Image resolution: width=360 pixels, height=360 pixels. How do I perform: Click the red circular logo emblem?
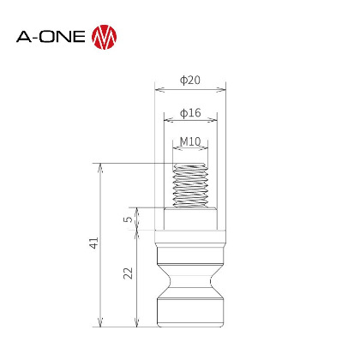click(x=105, y=37)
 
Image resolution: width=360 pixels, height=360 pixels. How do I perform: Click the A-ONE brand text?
click(x=51, y=37)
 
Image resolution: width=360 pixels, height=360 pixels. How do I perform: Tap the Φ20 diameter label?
click(x=190, y=80)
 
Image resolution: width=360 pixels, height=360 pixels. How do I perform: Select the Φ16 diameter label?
click(x=190, y=113)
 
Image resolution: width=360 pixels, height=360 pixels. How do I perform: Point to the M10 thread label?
click(x=190, y=141)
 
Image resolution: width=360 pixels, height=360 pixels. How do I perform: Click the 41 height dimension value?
click(x=94, y=243)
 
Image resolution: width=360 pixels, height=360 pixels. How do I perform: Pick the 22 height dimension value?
click(x=129, y=273)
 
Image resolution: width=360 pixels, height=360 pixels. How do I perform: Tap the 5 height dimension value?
click(x=129, y=219)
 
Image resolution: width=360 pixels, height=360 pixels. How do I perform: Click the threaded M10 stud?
click(x=190, y=185)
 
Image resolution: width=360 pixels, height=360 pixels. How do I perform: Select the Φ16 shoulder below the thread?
click(x=190, y=219)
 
